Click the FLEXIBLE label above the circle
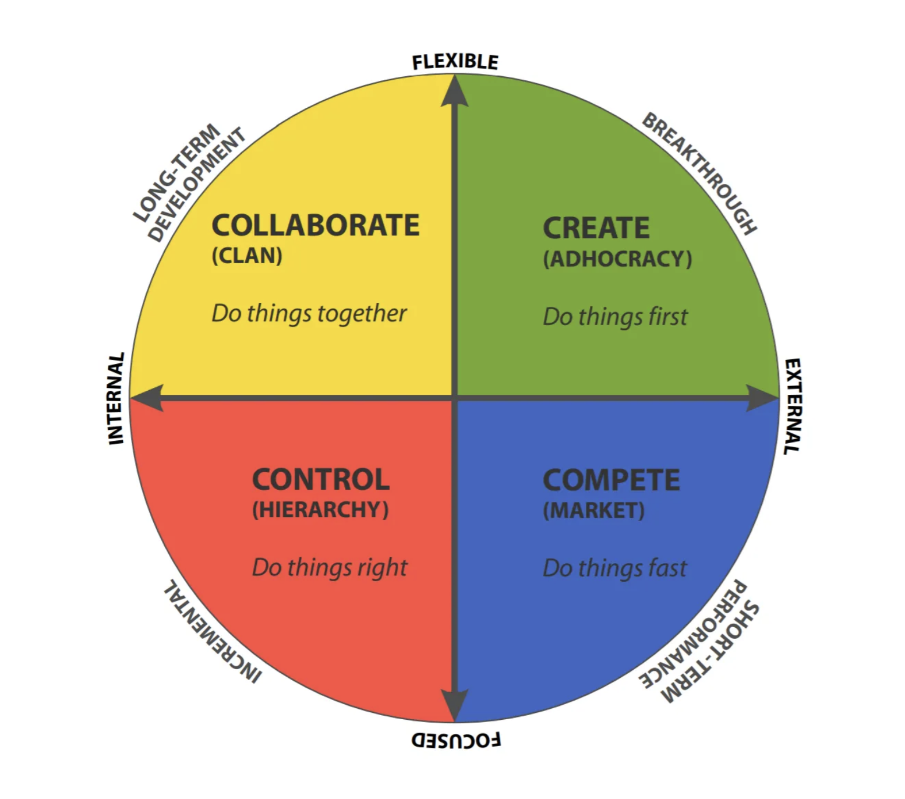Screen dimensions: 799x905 tap(455, 61)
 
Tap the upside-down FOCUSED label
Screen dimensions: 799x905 tap(456, 740)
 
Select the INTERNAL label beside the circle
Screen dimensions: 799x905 tap(116, 398)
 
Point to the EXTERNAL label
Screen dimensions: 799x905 tap(793, 406)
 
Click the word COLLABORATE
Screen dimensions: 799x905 tap(315, 225)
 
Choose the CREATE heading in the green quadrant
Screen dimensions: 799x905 tap(596, 228)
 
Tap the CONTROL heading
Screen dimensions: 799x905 tap(320, 479)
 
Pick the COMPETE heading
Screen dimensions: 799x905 tap(611, 480)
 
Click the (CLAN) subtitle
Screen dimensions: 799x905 tap(247, 255)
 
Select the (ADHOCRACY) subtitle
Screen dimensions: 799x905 tap(617, 259)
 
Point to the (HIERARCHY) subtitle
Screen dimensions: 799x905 tap(320, 510)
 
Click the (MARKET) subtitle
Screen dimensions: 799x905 tap(593, 510)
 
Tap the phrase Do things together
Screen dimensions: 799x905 tap(309, 313)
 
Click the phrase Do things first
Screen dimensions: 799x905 tap(615, 317)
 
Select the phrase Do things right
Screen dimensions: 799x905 tap(330, 567)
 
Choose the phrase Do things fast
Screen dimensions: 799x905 tap(614, 568)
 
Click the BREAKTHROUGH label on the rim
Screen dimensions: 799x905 tap(699, 173)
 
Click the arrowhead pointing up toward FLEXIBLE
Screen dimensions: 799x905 tap(455, 91)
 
